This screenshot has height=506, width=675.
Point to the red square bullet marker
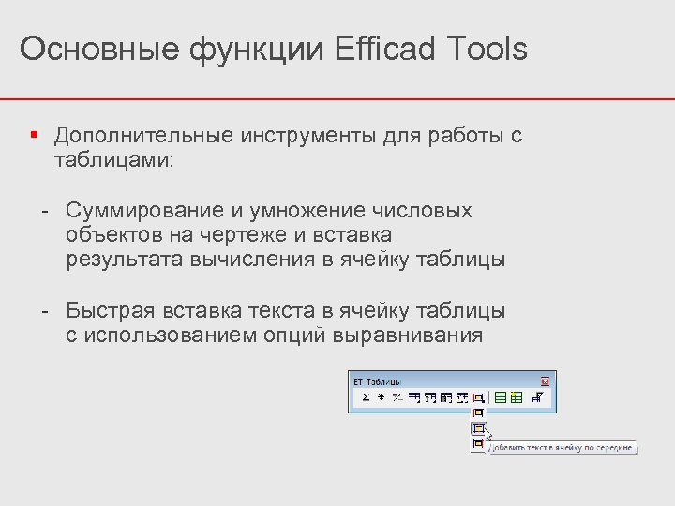[34, 135]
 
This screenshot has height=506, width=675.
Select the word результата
[125, 259]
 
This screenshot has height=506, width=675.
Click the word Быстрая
[109, 310]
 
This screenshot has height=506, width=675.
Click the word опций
[288, 335]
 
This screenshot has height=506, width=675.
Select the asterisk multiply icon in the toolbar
[381, 397]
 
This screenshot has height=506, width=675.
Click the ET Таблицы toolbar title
[377, 381]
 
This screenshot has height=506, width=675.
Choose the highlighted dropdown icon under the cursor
[478, 427]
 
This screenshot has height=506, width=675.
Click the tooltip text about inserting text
[559, 447]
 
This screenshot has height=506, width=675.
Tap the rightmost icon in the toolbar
[537, 397]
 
